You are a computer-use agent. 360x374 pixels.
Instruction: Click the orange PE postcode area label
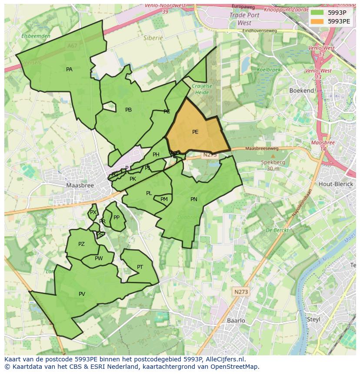(x=195, y=132)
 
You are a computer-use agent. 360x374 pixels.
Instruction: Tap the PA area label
(x=69, y=70)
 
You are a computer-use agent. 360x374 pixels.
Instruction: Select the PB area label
(x=128, y=110)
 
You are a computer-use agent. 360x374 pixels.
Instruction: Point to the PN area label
(x=194, y=199)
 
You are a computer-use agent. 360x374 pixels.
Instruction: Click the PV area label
(x=82, y=294)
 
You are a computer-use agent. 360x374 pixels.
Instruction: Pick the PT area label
(x=140, y=267)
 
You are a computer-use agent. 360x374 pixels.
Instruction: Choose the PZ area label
(x=81, y=244)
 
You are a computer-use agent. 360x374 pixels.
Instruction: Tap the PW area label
(x=99, y=258)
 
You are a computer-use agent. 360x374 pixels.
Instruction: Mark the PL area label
(x=149, y=193)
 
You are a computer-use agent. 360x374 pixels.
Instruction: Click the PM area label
(x=164, y=199)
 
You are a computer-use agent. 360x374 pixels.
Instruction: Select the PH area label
(x=156, y=155)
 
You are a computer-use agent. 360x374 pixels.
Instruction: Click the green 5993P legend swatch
(x=317, y=13)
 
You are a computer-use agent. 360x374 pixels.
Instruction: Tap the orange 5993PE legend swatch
(x=317, y=21)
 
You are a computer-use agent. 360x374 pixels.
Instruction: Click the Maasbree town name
(x=80, y=185)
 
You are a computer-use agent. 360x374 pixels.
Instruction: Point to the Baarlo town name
(x=236, y=321)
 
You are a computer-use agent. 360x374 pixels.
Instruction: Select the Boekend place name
(x=302, y=91)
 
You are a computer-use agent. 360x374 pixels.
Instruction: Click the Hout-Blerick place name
(x=335, y=184)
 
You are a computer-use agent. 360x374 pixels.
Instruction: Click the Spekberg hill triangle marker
(x=273, y=156)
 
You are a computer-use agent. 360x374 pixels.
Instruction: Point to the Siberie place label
(x=153, y=38)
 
